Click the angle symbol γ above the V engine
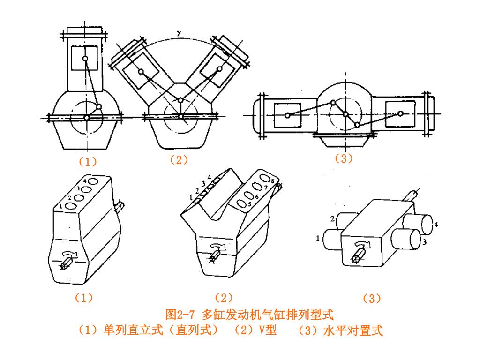click(178, 33)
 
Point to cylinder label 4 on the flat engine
click(436, 225)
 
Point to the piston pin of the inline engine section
click(85, 59)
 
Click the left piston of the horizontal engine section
click(287, 115)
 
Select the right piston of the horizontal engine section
click(400, 113)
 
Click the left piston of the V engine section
click(141, 71)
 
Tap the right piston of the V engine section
click(219, 69)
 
